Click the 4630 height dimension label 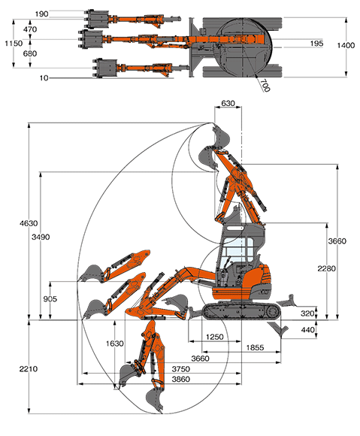pyautogui.click(x=29, y=223)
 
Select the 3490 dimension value pyautogui.click(x=41, y=237)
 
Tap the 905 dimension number pyautogui.click(x=50, y=299)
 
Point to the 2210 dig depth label pyautogui.click(x=29, y=369)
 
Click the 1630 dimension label pyautogui.click(x=115, y=344)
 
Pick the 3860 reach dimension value pyautogui.click(x=181, y=380)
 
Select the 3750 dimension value pyautogui.click(x=181, y=369)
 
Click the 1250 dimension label pyautogui.click(x=215, y=337)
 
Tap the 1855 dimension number pyautogui.click(x=255, y=347)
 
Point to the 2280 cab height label pyautogui.click(x=327, y=268)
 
